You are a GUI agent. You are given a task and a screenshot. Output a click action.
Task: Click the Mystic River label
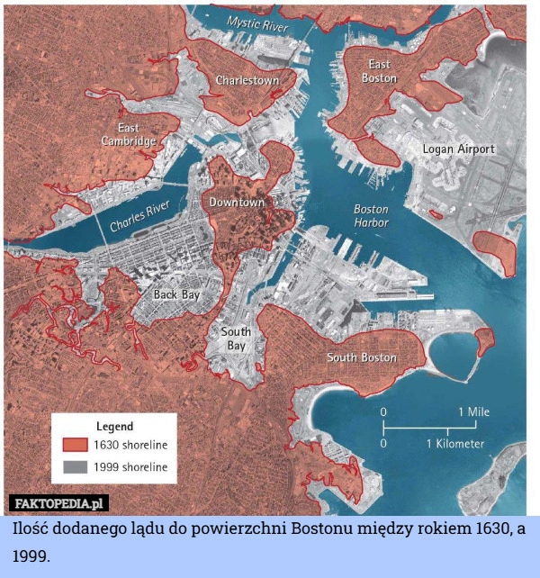[x=257, y=24]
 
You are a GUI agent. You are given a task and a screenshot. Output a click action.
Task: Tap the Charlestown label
[x=247, y=81]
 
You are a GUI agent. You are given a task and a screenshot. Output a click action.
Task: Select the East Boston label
[x=379, y=71]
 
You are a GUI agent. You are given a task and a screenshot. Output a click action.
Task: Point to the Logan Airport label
[x=458, y=149]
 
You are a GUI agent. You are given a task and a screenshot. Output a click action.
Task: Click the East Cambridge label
[x=128, y=134]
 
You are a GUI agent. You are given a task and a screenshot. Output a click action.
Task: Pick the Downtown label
[x=237, y=203]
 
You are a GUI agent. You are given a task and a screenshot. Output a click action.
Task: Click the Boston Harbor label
[x=371, y=215]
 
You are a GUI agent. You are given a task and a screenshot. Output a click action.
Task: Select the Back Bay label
[x=176, y=294]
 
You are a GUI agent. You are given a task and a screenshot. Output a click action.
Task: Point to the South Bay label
[x=236, y=339]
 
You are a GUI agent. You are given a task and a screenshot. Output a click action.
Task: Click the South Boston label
[x=361, y=357]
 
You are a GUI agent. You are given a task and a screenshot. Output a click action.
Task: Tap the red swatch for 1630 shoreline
[x=75, y=445]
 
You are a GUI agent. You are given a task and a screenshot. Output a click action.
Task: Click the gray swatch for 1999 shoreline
[x=75, y=467]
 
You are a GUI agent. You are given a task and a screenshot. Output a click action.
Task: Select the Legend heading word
[x=114, y=426]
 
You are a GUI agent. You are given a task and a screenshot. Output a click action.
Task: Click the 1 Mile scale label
[x=473, y=411]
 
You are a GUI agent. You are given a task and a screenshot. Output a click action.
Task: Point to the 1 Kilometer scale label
[x=455, y=443]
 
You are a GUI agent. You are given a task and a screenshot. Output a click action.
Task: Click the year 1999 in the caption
[x=31, y=557]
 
